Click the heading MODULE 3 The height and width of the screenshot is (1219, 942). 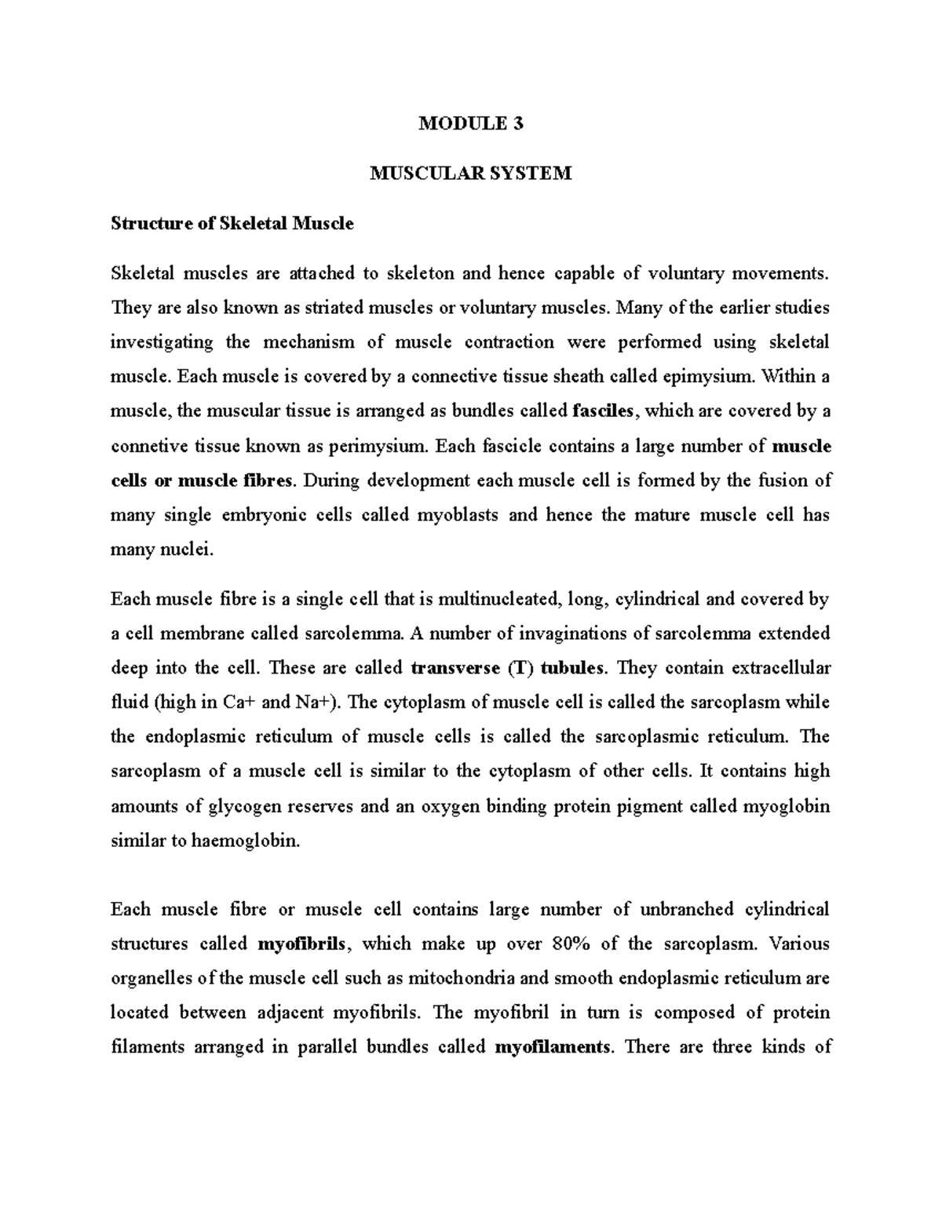[470, 123]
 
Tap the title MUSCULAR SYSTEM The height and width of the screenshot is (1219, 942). [470, 173]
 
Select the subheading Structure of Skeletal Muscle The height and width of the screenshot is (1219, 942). [232, 224]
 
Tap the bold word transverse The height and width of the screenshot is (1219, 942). [455, 669]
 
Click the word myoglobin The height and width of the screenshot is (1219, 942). [788, 806]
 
